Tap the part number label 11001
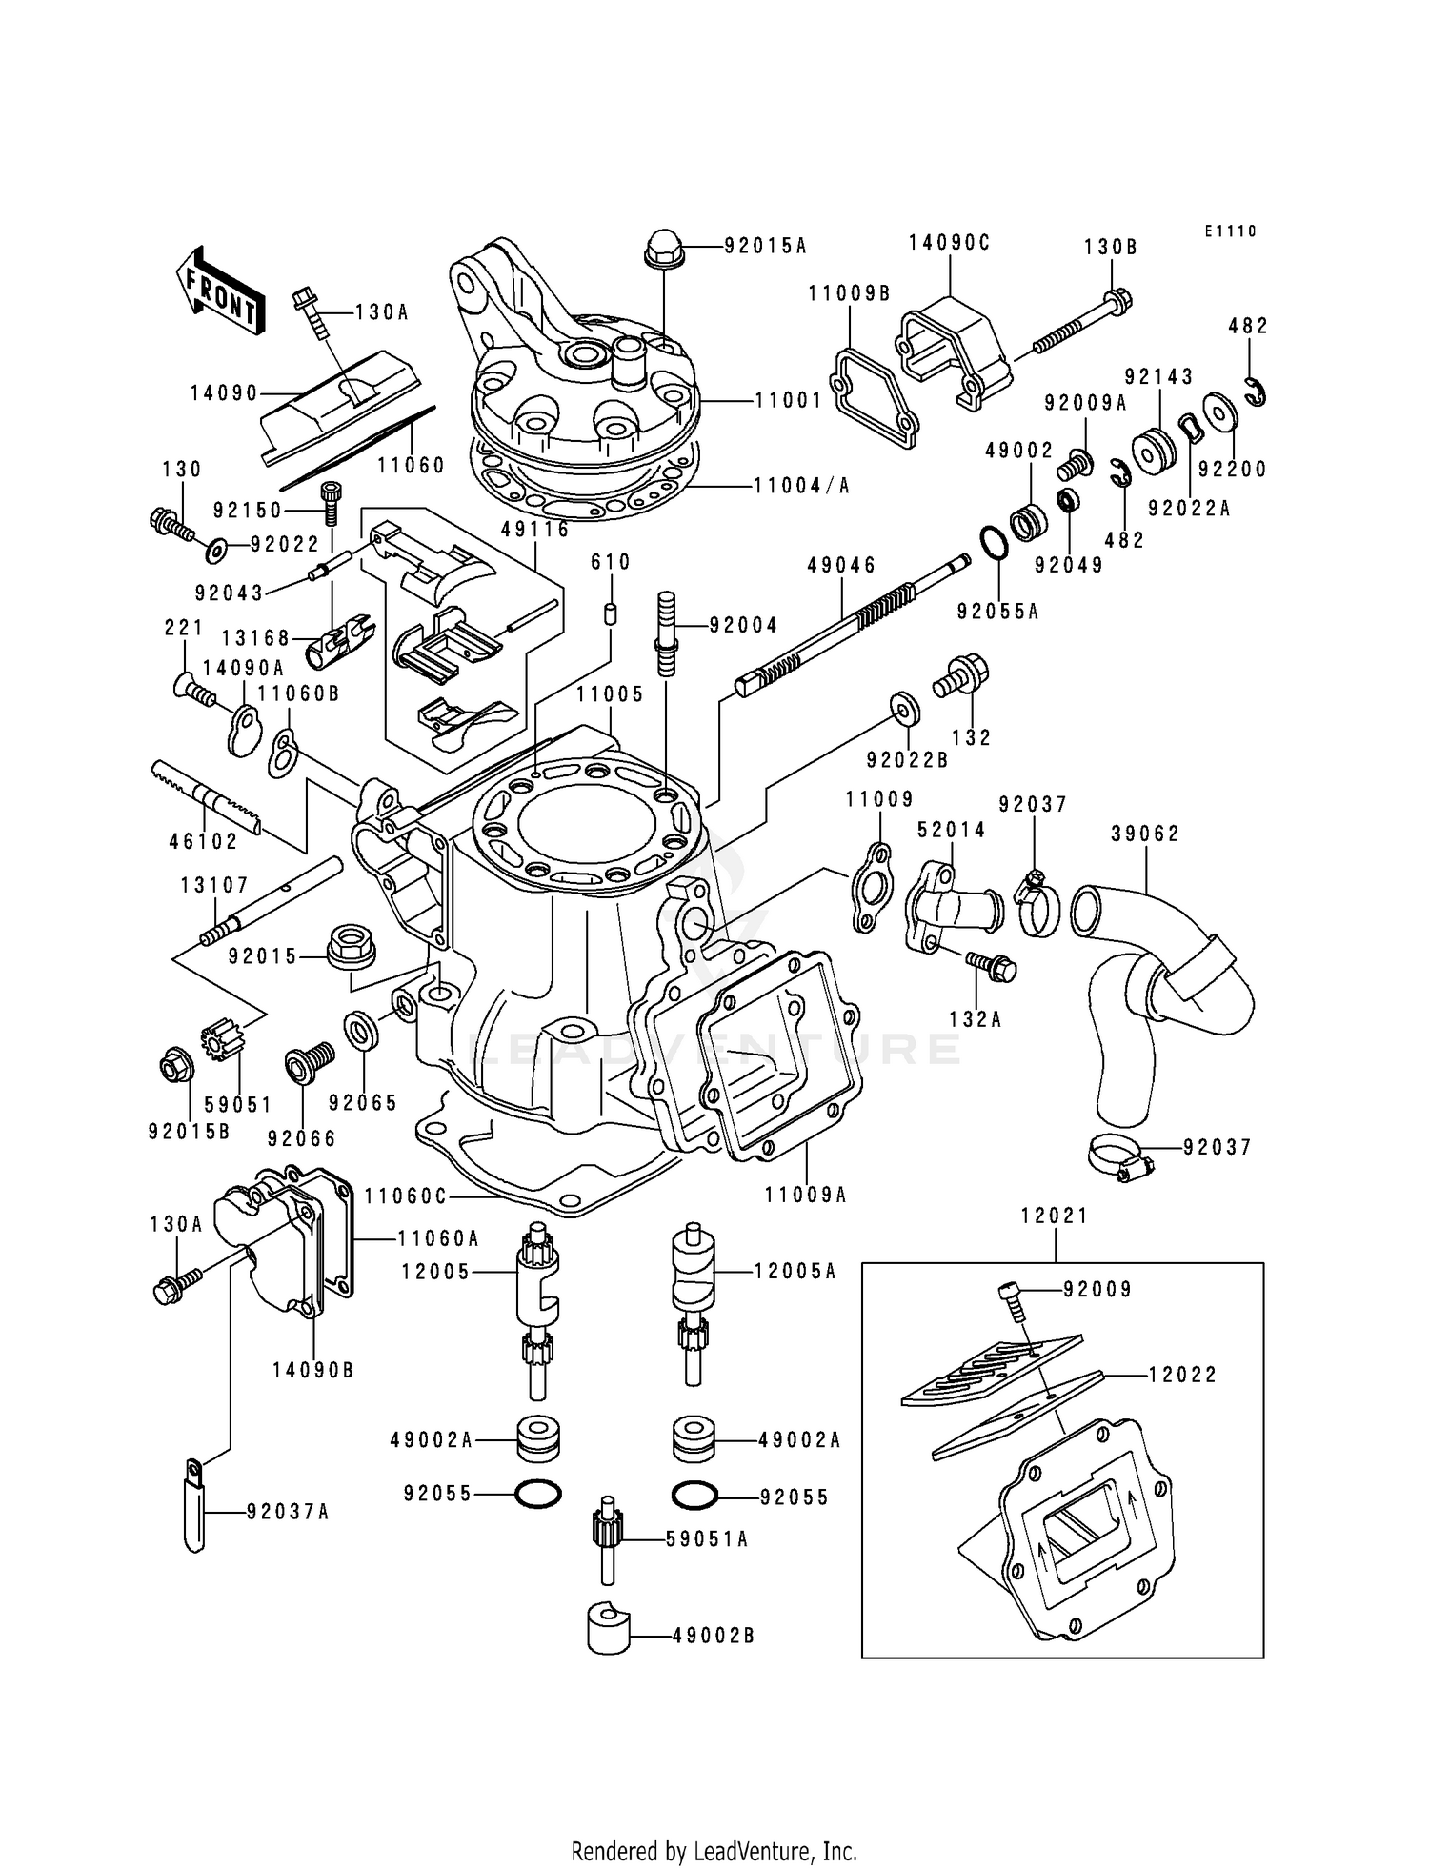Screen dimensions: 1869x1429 pos(788,401)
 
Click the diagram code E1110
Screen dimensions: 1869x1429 pos(1230,231)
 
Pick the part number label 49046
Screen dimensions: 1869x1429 pos(841,565)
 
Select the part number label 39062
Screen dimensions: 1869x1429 pos(1145,834)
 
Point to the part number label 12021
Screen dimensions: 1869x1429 pos(1054,1216)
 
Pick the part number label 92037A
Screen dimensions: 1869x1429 pos(287,1512)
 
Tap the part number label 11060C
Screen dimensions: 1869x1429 pos(406,1195)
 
